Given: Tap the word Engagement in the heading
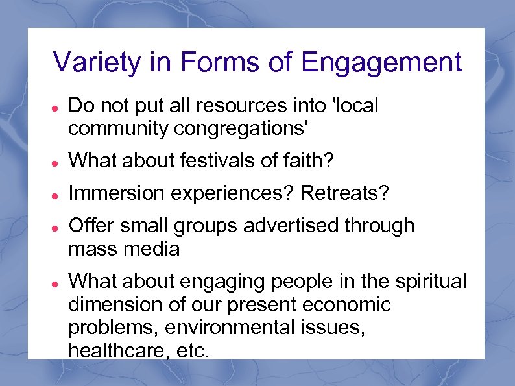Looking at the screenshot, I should pyautogui.click(x=381, y=63).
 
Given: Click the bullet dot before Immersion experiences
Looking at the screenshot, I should pyautogui.click(x=56, y=194).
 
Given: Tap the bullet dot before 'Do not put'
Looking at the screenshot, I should pyautogui.click(x=56, y=106).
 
